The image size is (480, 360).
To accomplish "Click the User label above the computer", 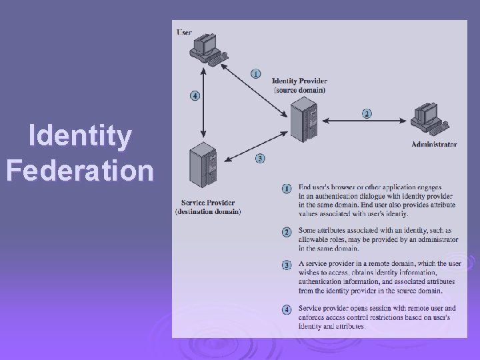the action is tap(184, 31).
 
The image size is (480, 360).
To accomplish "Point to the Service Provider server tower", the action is tap(203, 169).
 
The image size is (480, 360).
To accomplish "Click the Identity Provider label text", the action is tap(299, 81).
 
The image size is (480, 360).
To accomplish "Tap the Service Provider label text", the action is tap(208, 203).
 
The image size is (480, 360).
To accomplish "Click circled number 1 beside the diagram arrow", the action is tap(255, 73).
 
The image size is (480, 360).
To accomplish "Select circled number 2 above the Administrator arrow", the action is tap(367, 113).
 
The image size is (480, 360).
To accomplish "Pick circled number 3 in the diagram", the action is tap(260, 159).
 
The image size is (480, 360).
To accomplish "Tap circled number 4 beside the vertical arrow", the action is tap(194, 95).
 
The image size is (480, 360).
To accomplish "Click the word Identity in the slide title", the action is tap(81, 137).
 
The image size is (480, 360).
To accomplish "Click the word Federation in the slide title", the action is tap(79, 170).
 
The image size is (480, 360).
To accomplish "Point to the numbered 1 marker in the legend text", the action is tap(287, 189).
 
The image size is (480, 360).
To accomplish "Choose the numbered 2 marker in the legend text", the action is tap(287, 232).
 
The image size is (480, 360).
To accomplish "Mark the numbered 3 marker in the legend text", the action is tap(287, 265).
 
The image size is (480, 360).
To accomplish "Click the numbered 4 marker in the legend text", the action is tap(287, 309).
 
